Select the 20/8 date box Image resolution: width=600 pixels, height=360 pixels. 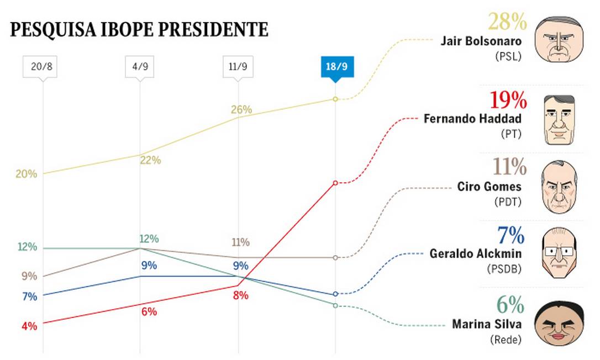click(x=43, y=68)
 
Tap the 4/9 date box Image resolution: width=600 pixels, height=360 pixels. click(x=140, y=68)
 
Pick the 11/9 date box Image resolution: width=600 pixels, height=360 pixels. click(x=238, y=68)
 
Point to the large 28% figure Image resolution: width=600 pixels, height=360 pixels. click(x=507, y=22)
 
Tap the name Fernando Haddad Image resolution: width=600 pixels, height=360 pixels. click(x=472, y=118)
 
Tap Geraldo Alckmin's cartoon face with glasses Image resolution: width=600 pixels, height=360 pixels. click(x=559, y=255)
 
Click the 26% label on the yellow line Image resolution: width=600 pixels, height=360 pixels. click(x=241, y=109)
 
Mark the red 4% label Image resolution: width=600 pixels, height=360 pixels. click(x=29, y=326)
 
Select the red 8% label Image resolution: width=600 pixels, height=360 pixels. click(x=241, y=295)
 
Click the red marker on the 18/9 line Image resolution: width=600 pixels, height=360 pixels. click(x=335, y=183)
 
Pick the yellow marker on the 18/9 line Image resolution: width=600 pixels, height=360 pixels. click(x=335, y=99)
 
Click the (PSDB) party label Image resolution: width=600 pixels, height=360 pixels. click(x=504, y=269)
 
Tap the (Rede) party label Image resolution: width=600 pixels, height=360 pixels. click(x=506, y=340)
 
